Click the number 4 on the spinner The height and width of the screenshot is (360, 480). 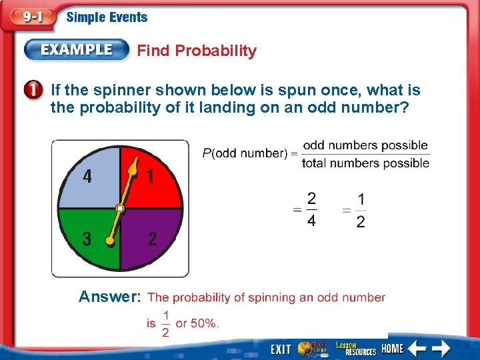[x=87, y=177]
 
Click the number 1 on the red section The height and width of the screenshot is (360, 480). [x=151, y=176]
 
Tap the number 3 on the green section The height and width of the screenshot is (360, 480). [x=87, y=239]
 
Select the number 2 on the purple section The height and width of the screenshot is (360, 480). [x=153, y=239]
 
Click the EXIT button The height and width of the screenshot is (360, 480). [x=281, y=349]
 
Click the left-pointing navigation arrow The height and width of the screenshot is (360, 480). [x=417, y=348]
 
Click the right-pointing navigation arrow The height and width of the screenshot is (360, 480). [x=441, y=348]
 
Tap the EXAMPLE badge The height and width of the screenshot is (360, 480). [x=77, y=50]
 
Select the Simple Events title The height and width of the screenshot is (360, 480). [x=107, y=18]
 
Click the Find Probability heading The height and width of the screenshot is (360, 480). [x=197, y=51]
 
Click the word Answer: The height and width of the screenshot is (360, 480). [x=109, y=297]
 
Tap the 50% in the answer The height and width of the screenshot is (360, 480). [x=204, y=323]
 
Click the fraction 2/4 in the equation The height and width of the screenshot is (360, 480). [x=311, y=209]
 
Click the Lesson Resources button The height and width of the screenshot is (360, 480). [x=355, y=348]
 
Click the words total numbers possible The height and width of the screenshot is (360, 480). [x=365, y=163]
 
